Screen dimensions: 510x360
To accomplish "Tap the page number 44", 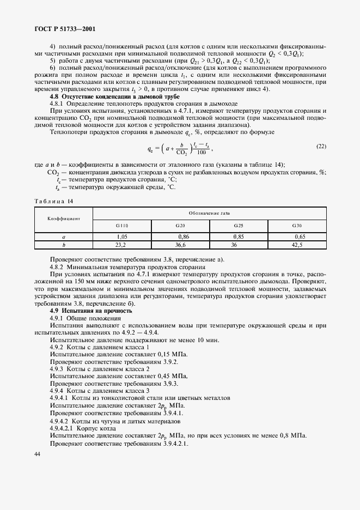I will coord(37,454).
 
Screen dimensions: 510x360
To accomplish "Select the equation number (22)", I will coord(321,147).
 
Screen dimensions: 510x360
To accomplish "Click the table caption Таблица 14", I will coord(54,201).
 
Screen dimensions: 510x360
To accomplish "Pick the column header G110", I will coord(122,225).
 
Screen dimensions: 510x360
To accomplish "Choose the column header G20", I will coord(180,225).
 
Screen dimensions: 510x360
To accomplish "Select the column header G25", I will coord(239,225).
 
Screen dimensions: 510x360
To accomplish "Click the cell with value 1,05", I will coord(122,237).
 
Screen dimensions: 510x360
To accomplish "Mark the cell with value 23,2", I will coord(122,245).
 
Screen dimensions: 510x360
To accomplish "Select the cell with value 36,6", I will coord(181,245).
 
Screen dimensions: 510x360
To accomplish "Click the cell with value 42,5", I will coord(297,245).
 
